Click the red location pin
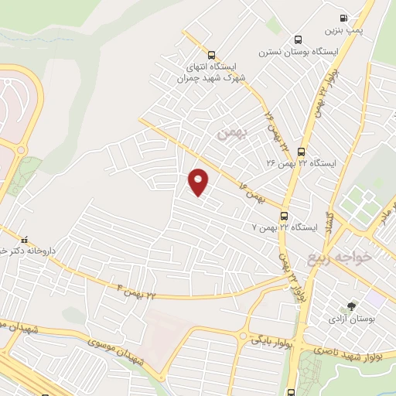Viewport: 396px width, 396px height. (x=199, y=182)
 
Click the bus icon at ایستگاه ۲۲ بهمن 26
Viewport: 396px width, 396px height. (x=301, y=152)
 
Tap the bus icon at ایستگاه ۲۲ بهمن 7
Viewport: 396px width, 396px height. (x=285, y=216)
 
